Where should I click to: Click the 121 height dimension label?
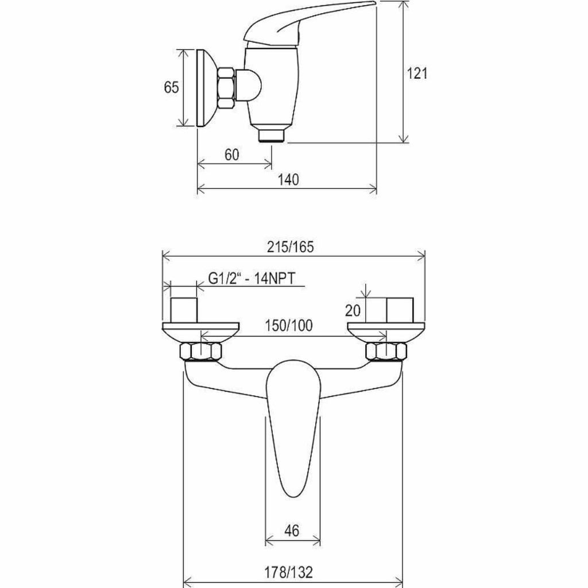(x=417, y=73)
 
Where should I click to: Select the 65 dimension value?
(x=171, y=87)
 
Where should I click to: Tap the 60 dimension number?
(x=232, y=154)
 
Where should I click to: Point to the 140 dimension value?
(x=288, y=180)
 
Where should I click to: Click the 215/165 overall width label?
(x=290, y=247)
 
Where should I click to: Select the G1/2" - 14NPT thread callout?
(x=252, y=278)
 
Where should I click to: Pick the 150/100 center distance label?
(x=289, y=326)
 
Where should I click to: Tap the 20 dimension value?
(x=353, y=311)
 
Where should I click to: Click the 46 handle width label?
(x=292, y=531)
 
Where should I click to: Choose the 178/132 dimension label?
(x=288, y=572)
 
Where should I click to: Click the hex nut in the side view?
(x=227, y=88)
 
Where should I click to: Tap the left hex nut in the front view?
(x=200, y=351)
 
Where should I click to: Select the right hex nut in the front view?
(x=386, y=351)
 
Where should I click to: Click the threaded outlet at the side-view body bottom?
(x=272, y=135)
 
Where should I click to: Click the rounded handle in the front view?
(x=293, y=427)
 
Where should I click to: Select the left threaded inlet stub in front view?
(x=184, y=310)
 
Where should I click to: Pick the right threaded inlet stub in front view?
(x=400, y=310)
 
